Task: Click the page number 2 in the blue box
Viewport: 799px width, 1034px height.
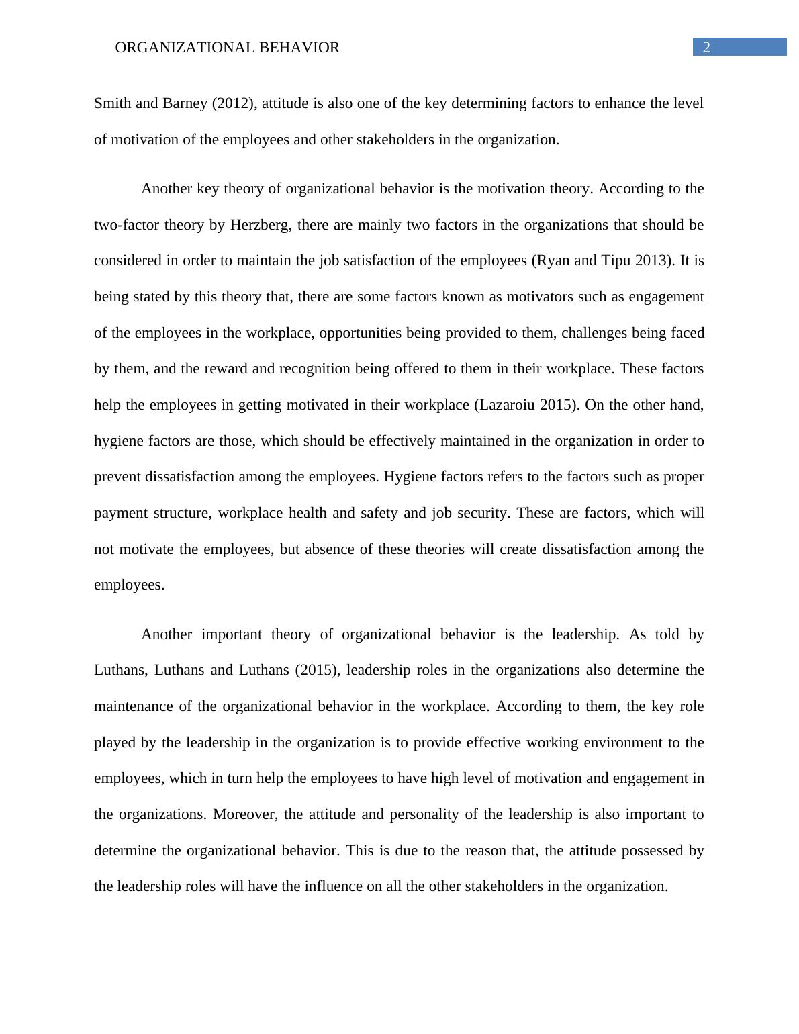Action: click(706, 47)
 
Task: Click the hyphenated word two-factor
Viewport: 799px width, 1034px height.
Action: click(126, 224)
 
